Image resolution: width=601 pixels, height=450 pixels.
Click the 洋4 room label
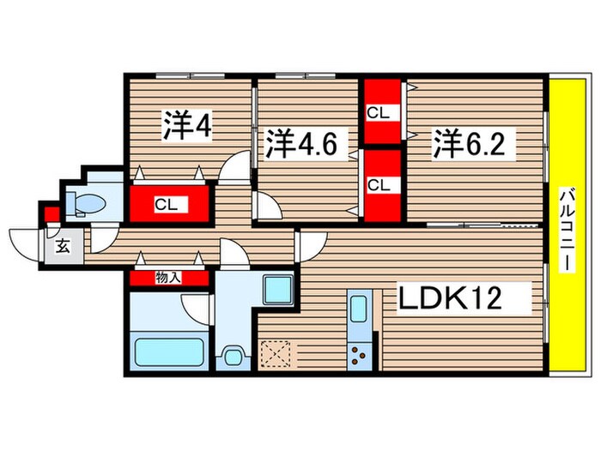[187, 126]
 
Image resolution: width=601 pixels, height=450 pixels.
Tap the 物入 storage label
[168, 278]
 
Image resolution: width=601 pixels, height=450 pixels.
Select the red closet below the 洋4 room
[169, 204]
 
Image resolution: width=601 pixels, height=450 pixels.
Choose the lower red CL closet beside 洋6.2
[380, 184]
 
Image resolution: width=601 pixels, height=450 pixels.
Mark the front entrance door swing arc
[26, 239]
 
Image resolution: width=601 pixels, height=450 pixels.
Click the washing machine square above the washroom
[277, 290]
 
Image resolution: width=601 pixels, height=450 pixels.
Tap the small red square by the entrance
[51, 213]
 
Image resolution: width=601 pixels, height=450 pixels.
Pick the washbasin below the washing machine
[232, 355]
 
